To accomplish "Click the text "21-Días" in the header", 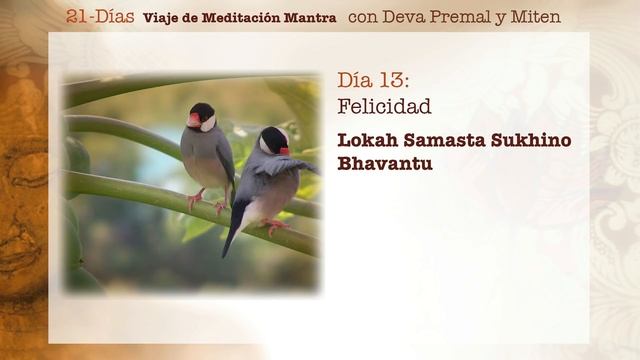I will pyautogui.click(x=100, y=16).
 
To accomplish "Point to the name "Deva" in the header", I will pyautogui.click(x=405, y=16).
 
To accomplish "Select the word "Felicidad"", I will pyautogui.click(x=384, y=106).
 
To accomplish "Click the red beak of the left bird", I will pyautogui.click(x=193, y=120).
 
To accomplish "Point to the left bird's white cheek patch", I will pyautogui.click(x=207, y=123).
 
